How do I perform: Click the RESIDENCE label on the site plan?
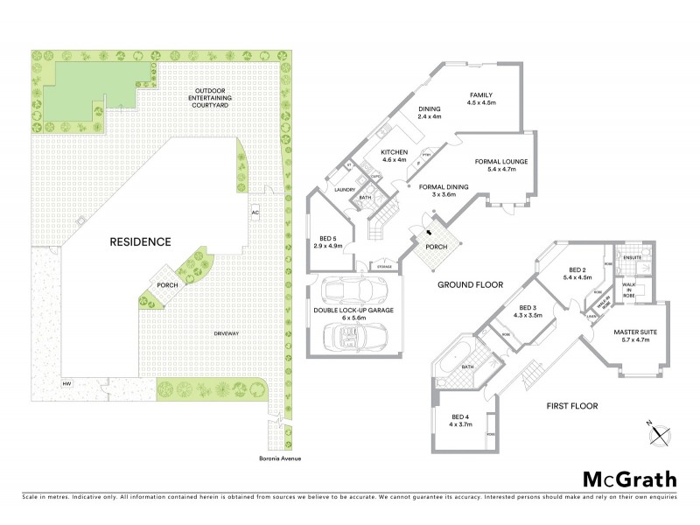[140, 241]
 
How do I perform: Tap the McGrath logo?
[629, 479]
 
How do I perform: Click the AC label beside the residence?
[255, 213]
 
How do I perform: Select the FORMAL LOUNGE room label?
[501, 165]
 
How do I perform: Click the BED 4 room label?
[460, 420]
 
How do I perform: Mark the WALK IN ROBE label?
[629, 289]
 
